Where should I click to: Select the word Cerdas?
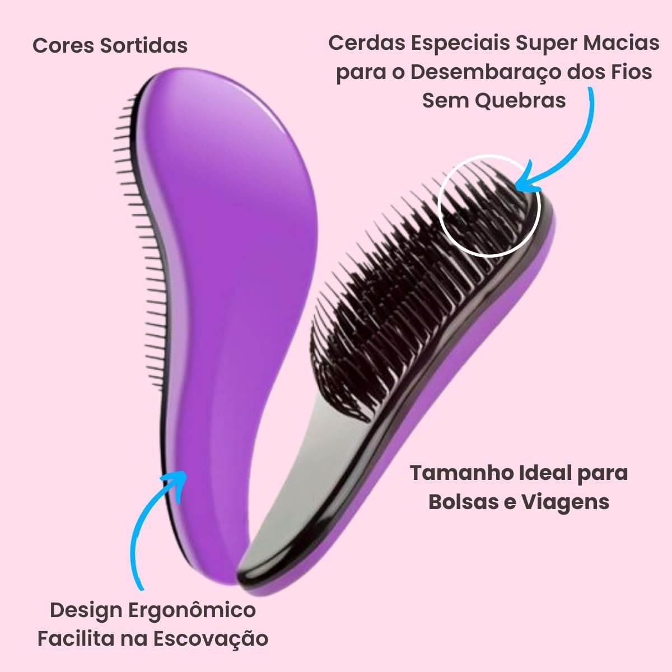click(x=366, y=43)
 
